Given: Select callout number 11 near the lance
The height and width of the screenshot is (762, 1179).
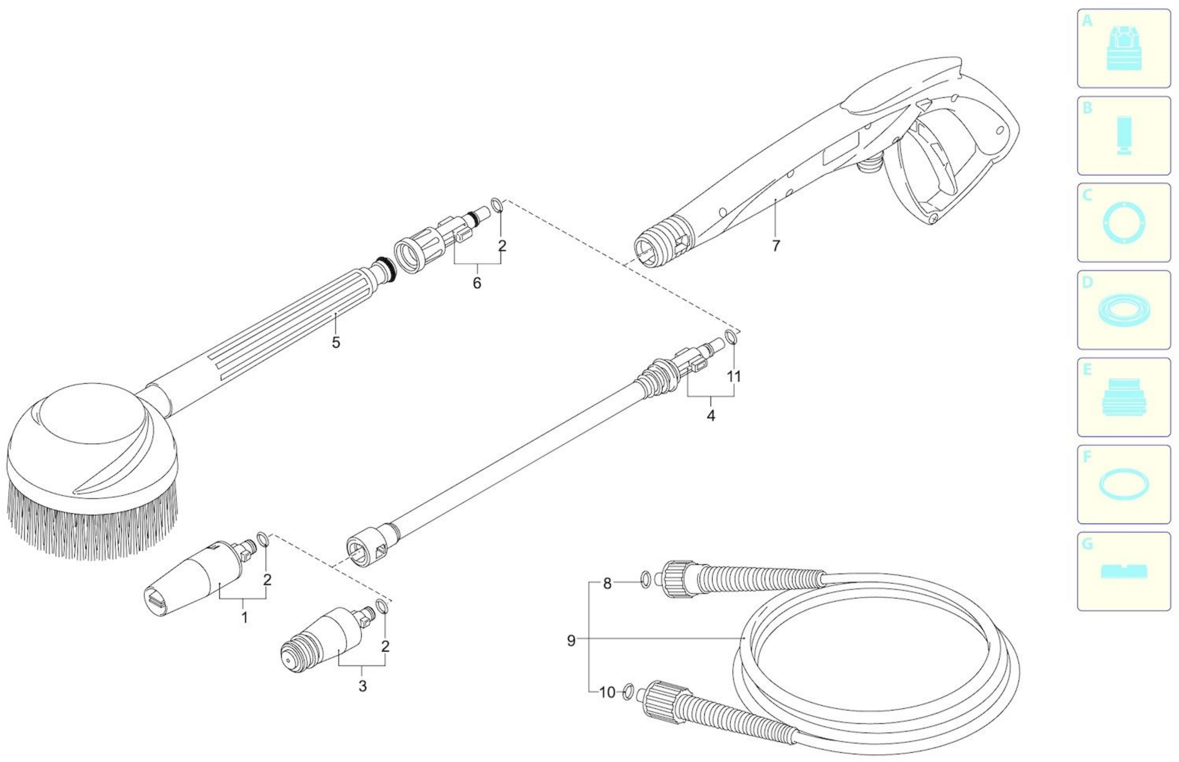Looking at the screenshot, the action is coord(734,377).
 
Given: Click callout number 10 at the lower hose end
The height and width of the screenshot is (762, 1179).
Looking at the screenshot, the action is coord(607,692).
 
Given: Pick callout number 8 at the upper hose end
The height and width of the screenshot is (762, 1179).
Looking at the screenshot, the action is coord(607,584).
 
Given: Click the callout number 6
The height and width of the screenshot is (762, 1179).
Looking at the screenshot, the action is coord(477,283).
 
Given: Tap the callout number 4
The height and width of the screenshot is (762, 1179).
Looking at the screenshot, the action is coord(711,416).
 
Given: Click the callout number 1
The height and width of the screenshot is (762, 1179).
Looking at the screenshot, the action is coord(244,618).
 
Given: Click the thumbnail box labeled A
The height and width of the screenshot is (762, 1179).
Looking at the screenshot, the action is coord(1124,48).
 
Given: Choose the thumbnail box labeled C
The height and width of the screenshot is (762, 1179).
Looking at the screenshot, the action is coord(1124,223).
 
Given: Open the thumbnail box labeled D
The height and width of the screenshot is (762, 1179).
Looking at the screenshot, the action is coord(1124,310).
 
